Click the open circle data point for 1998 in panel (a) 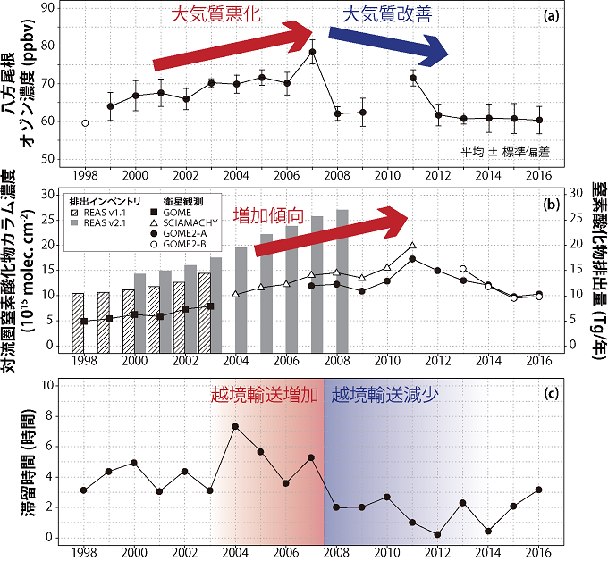(x=85, y=123)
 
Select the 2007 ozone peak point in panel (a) (x=313, y=52)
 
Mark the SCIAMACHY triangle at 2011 (x=412, y=245)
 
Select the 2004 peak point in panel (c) (x=235, y=426)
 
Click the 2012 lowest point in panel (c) (x=437, y=534)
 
